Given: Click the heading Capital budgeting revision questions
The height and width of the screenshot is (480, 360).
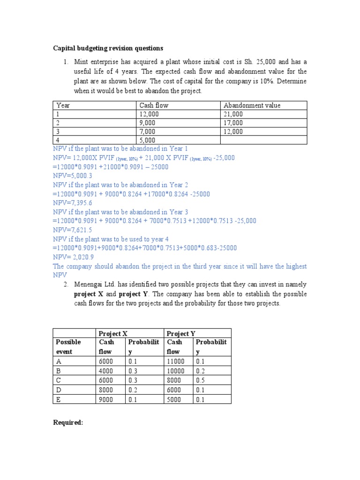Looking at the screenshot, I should click(107, 48).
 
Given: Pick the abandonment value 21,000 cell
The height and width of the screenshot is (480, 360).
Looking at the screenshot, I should click(233, 114).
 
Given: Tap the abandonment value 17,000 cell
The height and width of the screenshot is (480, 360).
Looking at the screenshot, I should click(233, 123).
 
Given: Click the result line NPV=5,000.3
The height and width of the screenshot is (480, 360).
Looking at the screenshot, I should click(72, 176).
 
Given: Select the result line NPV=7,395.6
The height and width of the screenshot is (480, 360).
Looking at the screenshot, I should click(72, 202).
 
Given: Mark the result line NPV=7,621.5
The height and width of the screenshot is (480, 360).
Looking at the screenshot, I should click(72, 230).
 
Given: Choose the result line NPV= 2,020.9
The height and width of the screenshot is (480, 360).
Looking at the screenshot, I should click(73, 257).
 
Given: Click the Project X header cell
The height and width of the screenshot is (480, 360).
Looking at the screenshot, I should click(112, 333).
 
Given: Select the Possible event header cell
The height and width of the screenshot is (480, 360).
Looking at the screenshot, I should click(68, 347).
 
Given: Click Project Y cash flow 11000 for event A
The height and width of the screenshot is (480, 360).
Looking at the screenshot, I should click(176, 361).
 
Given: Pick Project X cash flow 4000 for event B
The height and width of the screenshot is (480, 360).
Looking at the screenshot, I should click(106, 371).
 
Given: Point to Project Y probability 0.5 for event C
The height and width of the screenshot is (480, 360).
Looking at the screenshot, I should click(201, 380).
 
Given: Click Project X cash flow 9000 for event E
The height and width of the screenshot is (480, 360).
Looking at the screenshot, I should click(106, 399).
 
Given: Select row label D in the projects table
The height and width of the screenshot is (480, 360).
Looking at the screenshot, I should click(59, 390).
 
